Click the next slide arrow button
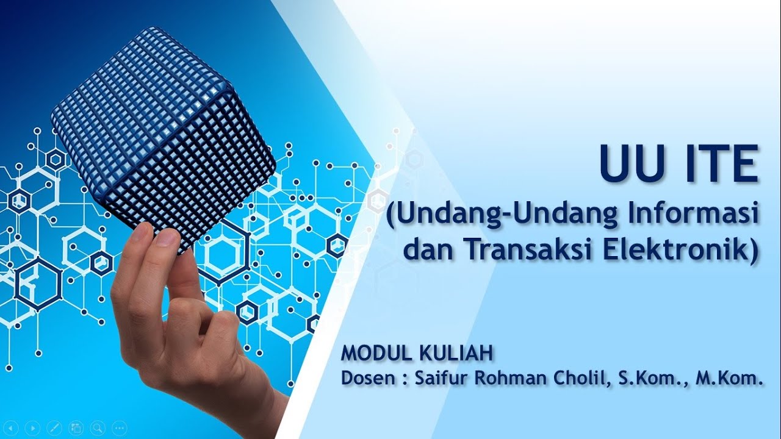click(x=33, y=427)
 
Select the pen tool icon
click(x=54, y=427)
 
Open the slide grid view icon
click(x=76, y=427)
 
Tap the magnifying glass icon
click(x=97, y=427)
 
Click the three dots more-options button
click(x=119, y=427)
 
